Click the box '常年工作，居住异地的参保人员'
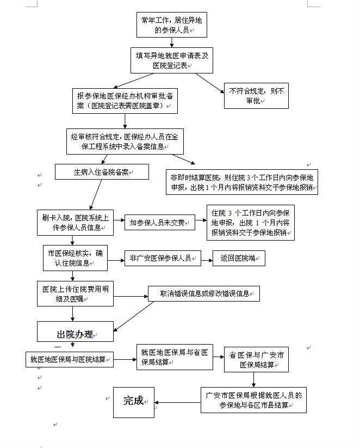[172, 25]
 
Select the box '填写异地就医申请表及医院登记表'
[172, 60]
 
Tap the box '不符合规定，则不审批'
[256, 96]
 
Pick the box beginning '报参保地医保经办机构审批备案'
[125, 101]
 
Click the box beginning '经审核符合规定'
[125, 142]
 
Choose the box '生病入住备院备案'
[102, 171]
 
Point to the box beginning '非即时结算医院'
[242, 182]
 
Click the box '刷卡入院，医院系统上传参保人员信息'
[75, 223]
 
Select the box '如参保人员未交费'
[159, 222]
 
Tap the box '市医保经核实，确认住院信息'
[75, 258]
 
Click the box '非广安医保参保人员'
[163, 258]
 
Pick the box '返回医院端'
[239, 258]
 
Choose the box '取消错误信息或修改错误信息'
[204, 293]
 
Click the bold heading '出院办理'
[75, 334]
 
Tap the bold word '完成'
[133, 400]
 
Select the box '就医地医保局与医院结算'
[70, 359]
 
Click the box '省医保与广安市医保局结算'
[256, 359]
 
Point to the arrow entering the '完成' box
[178, 403]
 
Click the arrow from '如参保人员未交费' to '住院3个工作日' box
[201, 220]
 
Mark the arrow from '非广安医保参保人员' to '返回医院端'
[207, 260]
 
